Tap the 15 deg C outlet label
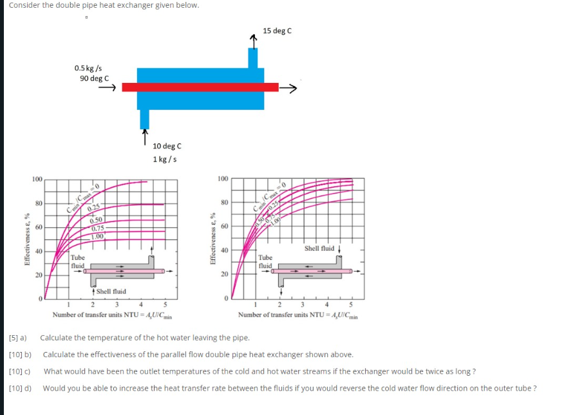pyautogui.click(x=277, y=31)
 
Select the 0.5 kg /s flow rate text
pyautogui.click(x=88, y=68)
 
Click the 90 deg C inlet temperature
pyautogui.click(x=94, y=78)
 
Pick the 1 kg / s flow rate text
pyautogui.click(x=165, y=159)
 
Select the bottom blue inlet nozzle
pyautogui.click(x=144, y=118)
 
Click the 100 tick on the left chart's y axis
pyautogui.click(x=38, y=179)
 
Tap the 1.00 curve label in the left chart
pyautogui.click(x=98, y=236)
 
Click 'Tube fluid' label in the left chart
pyautogui.click(x=78, y=261)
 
